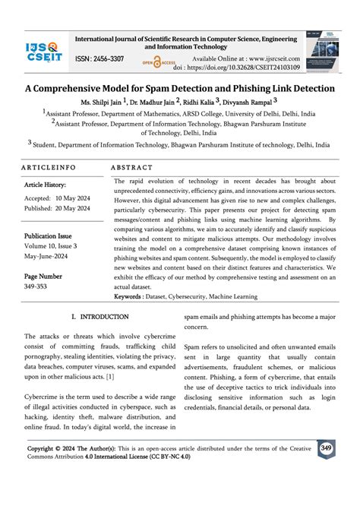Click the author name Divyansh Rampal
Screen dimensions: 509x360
coord(251,100)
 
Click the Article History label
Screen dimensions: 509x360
coord(48,185)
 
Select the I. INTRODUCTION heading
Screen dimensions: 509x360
coord(99,316)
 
